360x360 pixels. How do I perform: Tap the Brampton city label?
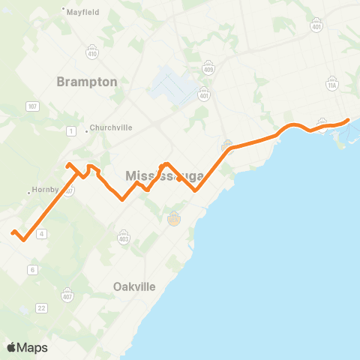[87, 82]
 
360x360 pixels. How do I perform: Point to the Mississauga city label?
[165, 176]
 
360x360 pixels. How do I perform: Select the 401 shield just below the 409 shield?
[205, 95]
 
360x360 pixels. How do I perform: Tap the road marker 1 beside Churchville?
[70, 131]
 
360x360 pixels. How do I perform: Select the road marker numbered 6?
[33, 269]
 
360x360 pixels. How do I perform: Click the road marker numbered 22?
[41, 308]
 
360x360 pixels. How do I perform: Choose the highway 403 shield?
[124, 237]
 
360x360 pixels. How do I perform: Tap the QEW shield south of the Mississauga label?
[174, 219]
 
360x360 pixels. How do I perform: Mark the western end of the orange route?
[12, 232]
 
